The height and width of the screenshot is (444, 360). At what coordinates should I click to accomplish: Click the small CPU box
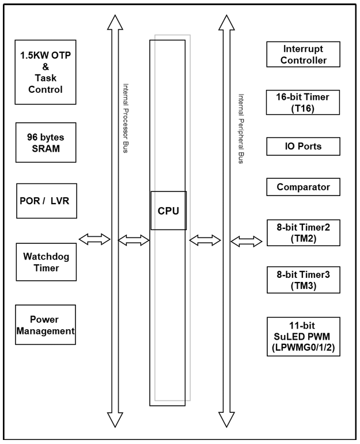pos(168,210)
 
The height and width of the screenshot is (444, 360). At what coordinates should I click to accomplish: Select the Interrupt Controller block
pos(303,54)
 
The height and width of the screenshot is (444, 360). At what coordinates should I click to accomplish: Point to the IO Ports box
pos(303,146)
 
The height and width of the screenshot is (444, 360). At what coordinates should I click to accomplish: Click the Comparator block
pos(303,187)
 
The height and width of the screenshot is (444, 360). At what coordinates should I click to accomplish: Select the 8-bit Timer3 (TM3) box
pos(303,279)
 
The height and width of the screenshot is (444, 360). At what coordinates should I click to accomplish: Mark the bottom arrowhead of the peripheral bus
pos(225,419)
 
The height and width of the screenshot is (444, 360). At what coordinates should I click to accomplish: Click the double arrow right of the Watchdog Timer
pos(94,239)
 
